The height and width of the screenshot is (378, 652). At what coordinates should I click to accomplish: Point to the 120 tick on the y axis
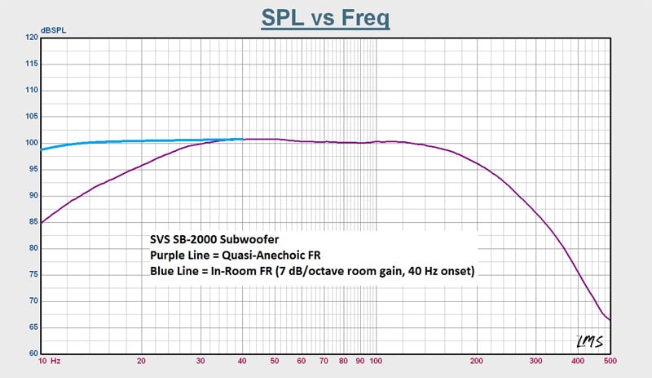tap(33, 38)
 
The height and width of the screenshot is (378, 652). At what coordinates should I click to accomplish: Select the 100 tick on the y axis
tap(33, 143)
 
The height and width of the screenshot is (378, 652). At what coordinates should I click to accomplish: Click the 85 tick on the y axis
tap(33, 222)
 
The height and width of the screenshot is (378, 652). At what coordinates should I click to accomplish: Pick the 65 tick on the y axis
tap(33, 327)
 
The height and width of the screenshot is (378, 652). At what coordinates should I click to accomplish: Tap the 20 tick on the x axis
tap(142, 360)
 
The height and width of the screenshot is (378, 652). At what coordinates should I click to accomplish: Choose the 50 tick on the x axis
tap(275, 360)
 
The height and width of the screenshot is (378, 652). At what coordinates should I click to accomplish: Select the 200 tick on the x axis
tap(476, 360)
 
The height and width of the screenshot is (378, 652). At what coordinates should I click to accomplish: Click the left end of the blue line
tap(42, 149)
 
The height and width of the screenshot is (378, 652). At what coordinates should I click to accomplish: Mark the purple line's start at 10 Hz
tap(42, 221)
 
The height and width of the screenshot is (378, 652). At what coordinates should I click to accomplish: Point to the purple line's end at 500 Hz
tap(609, 320)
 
